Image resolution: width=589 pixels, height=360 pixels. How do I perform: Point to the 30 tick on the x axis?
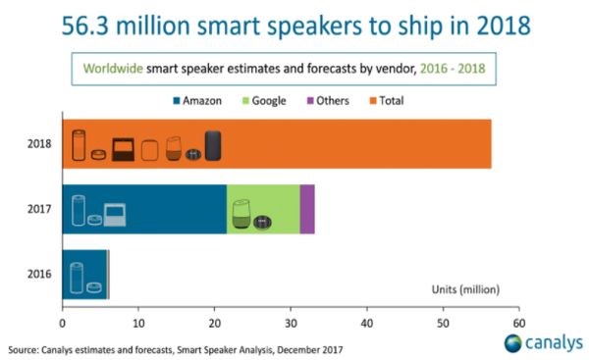tap(291, 322)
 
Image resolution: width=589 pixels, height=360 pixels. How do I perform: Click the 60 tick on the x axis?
tap(518, 322)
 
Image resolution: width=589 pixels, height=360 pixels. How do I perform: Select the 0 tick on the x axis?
tap(62, 322)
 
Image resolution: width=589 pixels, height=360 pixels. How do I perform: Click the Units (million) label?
tap(465, 288)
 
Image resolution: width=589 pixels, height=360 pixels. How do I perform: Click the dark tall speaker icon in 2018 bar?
tap(213, 146)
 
